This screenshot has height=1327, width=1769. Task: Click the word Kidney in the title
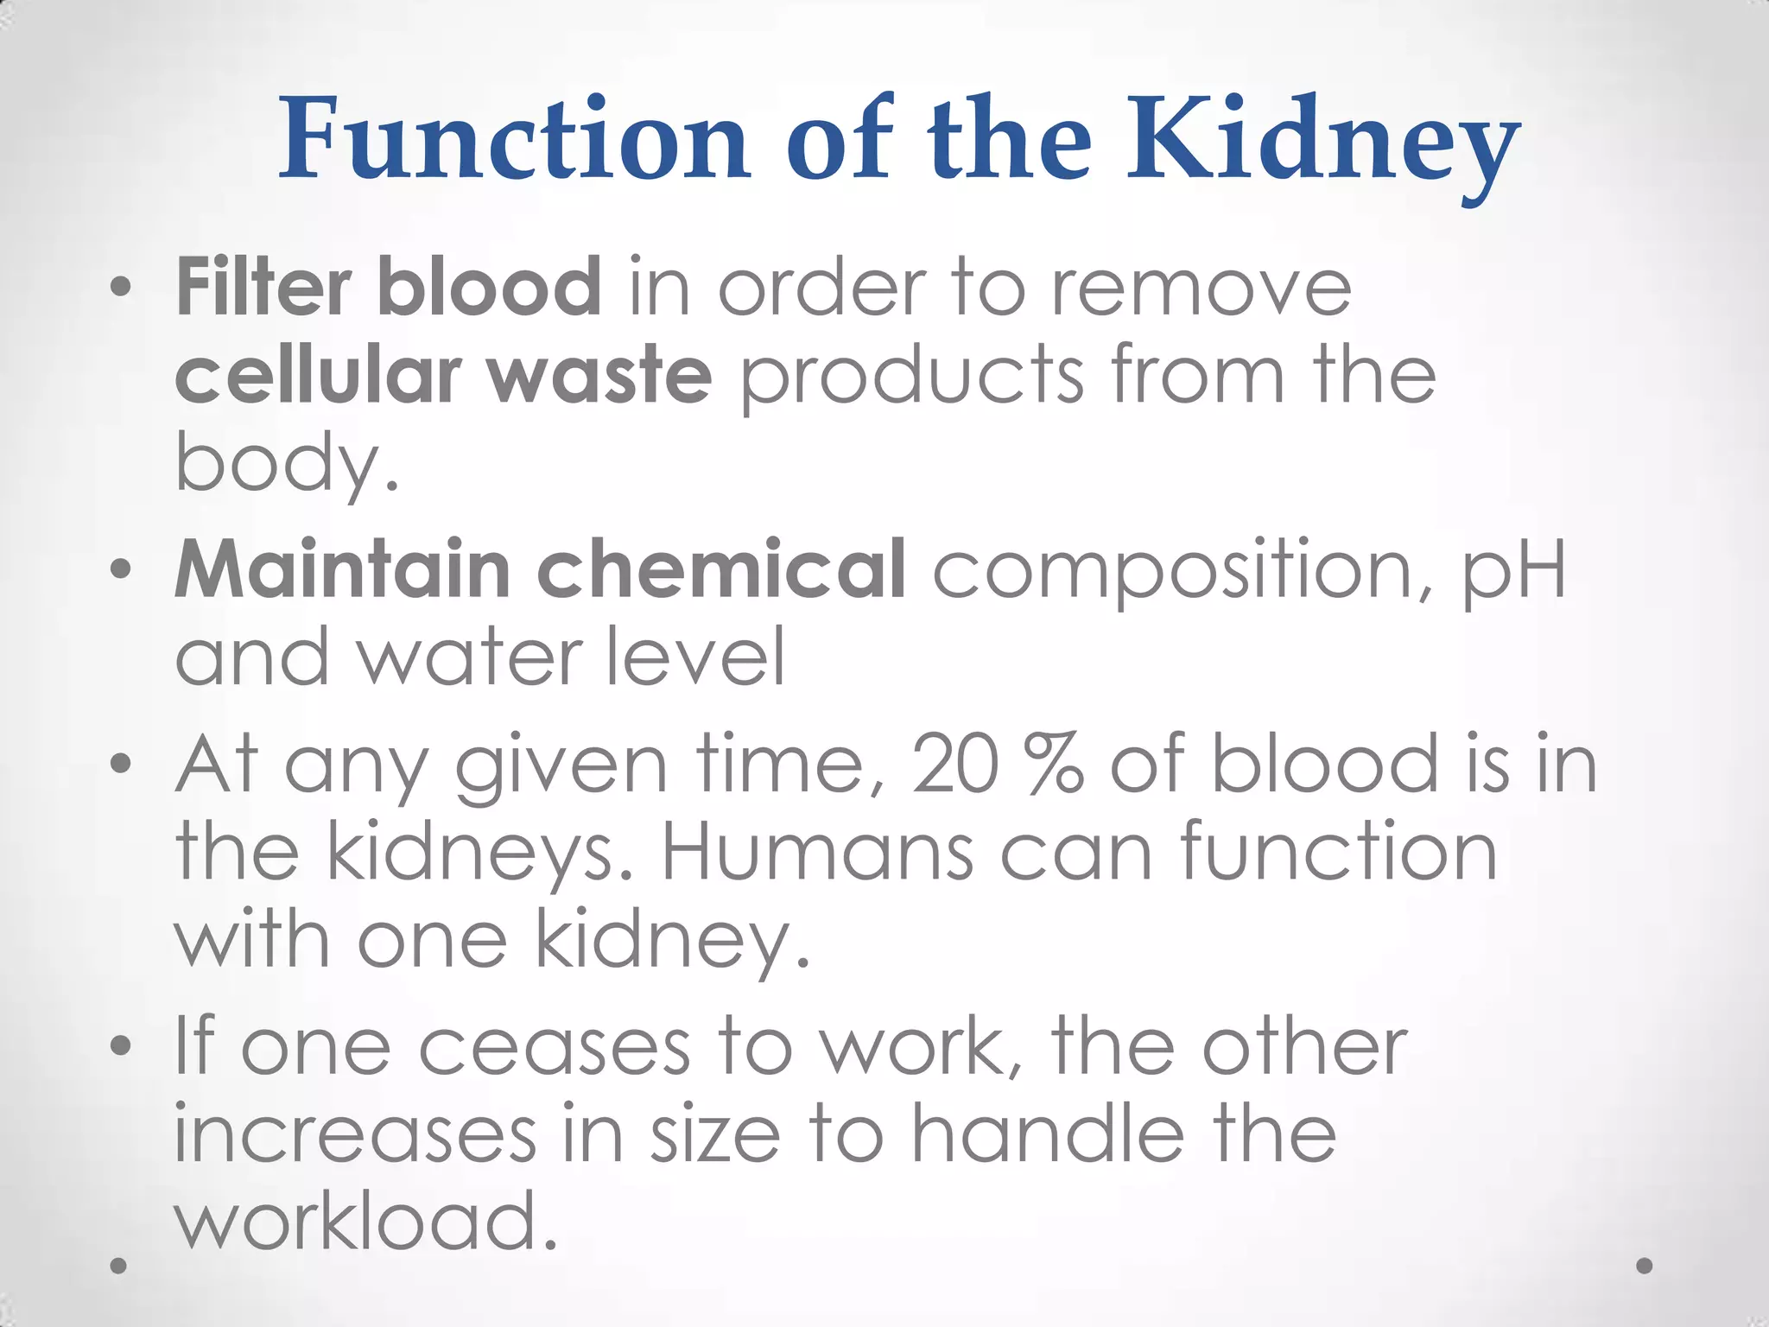(1322, 143)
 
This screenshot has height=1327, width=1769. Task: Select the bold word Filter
(263, 287)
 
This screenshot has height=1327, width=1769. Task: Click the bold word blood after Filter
(489, 287)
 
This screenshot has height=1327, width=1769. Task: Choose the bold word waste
(599, 375)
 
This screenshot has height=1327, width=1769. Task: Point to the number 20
(954, 764)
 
